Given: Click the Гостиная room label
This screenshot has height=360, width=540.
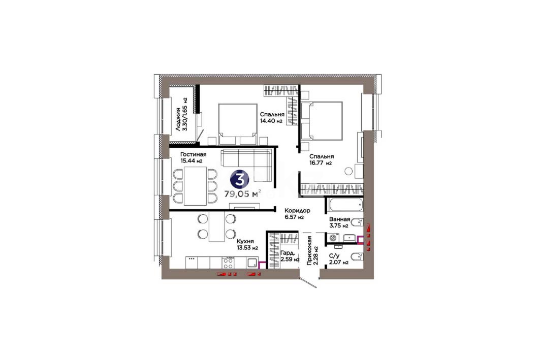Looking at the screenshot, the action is pos(193,154).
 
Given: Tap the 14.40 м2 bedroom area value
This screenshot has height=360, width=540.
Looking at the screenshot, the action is pos(271,121).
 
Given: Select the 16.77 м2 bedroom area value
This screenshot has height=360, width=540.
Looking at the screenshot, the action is pos(320,163).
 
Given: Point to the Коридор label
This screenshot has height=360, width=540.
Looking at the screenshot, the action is pos(297,211).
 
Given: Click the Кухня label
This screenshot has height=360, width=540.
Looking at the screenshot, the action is pos(245,242).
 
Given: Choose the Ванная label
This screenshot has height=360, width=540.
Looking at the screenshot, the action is pos(339,219).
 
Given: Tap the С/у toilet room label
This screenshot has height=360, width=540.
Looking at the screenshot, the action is pos(335,256).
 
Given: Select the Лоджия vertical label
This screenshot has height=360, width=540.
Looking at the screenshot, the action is pos(178,119).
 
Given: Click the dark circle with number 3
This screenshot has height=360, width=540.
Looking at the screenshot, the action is pos(241,179).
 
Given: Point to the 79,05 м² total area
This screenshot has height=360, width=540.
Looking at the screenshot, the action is pos(242,194).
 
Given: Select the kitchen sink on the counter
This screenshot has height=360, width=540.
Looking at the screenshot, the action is pos(252,263).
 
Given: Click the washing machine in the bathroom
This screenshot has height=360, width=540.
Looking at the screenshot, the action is pos(333,238).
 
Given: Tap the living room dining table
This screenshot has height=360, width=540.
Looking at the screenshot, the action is pos(195,186).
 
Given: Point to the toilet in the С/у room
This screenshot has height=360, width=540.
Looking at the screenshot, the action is pos(357,256).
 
